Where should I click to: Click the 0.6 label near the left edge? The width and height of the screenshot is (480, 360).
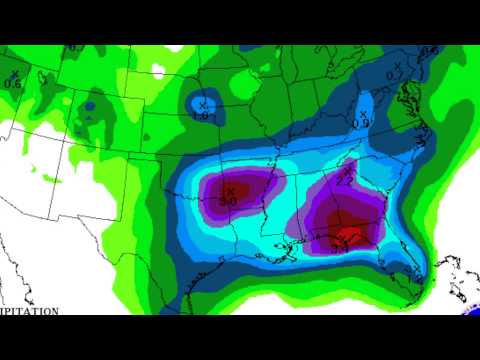[12, 83]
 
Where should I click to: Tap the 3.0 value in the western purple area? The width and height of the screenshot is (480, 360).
[228, 201]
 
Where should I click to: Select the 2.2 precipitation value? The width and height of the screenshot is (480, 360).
[344, 180]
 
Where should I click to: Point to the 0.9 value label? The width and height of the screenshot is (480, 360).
[360, 123]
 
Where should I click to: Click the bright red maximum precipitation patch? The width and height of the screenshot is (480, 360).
[346, 236]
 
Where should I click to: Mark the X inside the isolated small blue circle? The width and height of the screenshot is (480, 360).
[201, 104]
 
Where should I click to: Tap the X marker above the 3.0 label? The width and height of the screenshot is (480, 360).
[230, 190]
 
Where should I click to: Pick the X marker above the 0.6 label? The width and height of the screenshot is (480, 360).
[14, 73]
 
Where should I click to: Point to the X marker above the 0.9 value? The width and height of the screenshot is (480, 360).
[361, 113]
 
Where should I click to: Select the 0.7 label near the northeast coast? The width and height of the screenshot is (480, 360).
[394, 75]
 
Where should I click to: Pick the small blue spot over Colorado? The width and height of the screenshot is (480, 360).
[89, 103]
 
